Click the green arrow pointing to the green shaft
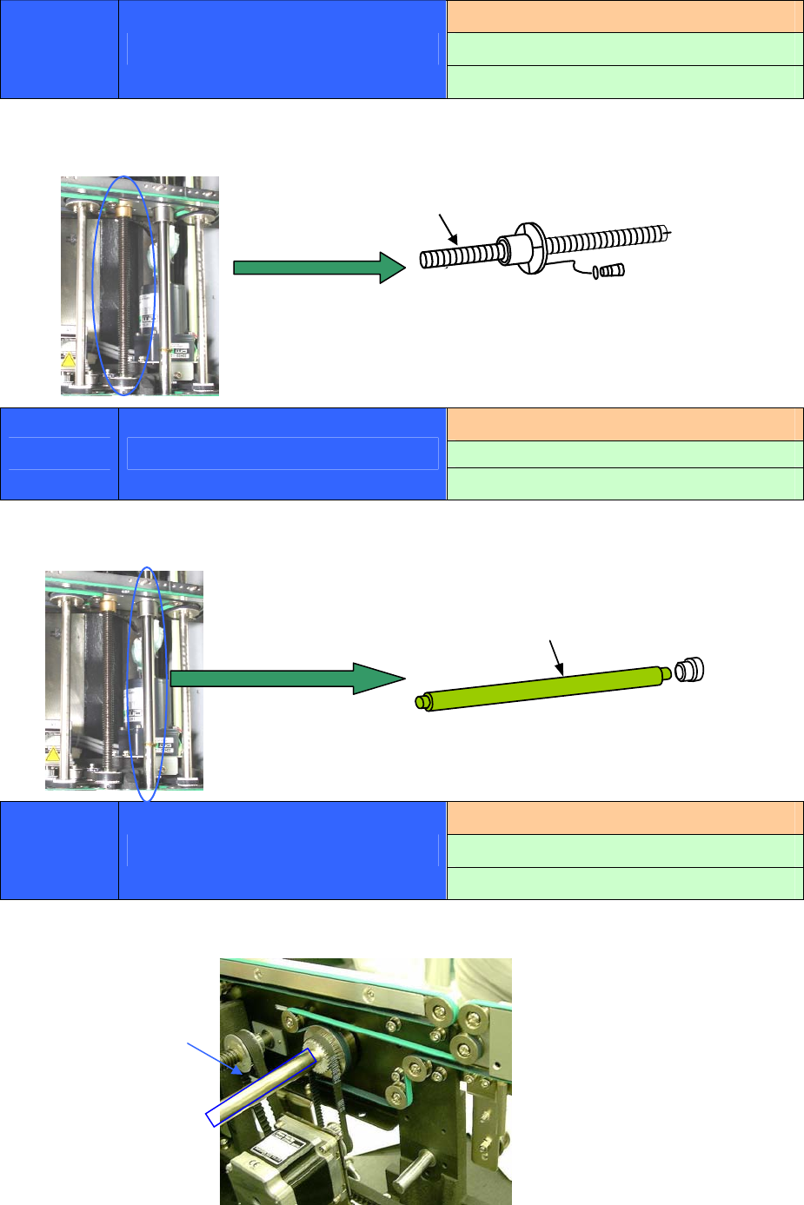click(x=287, y=678)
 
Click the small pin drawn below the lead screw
click(x=612, y=272)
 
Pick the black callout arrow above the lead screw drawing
click(x=449, y=228)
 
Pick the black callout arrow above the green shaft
click(x=556, y=658)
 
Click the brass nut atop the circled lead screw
click(x=123, y=209)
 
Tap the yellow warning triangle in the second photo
click(x=53, y=754)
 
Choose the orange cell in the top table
click(x=625, y=17)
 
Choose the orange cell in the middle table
click(x=625, y=424)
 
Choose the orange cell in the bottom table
click(x=625, y=818)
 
